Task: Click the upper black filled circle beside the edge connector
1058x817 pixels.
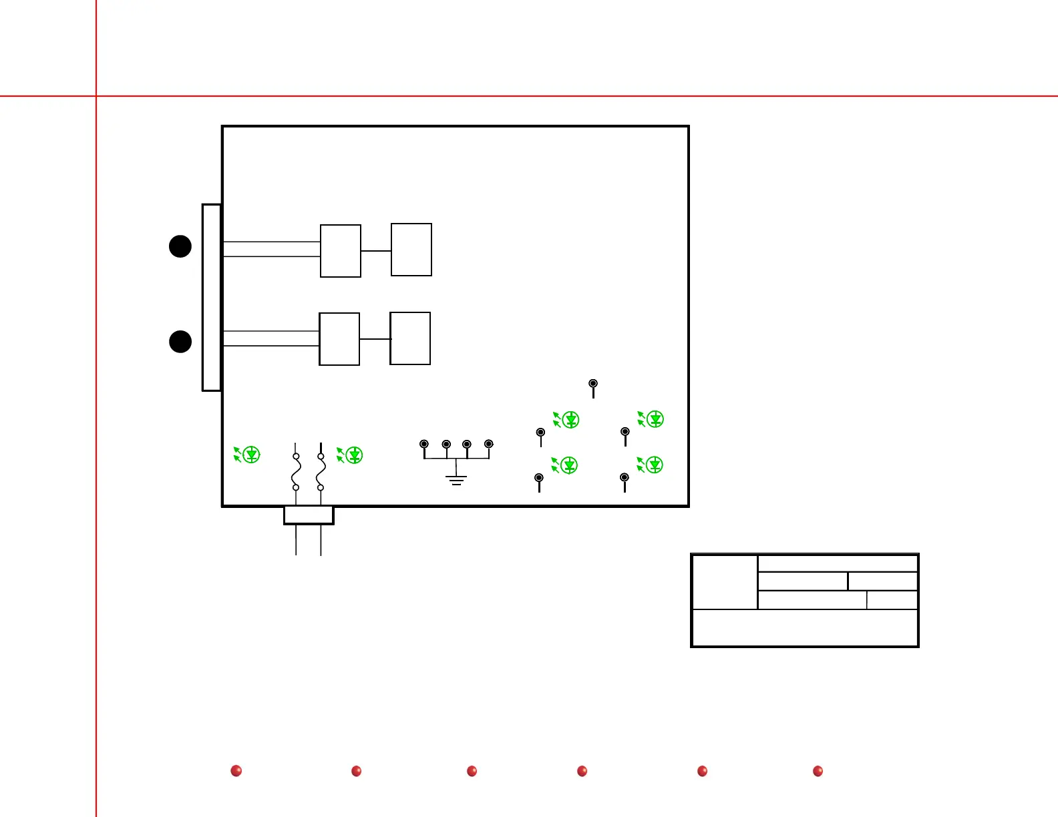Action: pyautogui.click(x=180, y=246)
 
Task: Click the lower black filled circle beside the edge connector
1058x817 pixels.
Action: pyautogui.click(x=180, y=341)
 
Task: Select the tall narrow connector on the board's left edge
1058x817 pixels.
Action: pyautogui.click(x=212, y=297)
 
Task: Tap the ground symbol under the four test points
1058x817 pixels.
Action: pyautogui.click(x=457, y=480)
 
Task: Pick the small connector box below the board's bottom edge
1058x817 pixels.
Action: pyautogui.click(x=309, y=515)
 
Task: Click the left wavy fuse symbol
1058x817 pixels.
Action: pyautogui.click(x=296, y=472)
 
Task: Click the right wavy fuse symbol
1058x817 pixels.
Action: pyautogui.click(x=321, y=472)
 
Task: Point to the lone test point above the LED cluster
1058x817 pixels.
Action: pyautogui.click(x=593, y=384)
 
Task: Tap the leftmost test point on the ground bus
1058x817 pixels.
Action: pyautogui.click(x=424, y=444)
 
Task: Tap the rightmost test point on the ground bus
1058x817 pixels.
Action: pyautogui.click(x=489, y=444)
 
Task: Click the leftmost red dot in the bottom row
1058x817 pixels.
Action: pyautogui.click(x=236, y=771)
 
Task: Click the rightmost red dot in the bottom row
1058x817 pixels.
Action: pyautogui.click(x=818, y=771)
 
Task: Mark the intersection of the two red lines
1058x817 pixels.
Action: pyautogui.click(x=96, y=96)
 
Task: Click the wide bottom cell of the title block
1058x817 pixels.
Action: pyautogui.click(x=805, y=627)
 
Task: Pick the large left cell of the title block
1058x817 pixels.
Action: pyautogui.click(x=725, y=581)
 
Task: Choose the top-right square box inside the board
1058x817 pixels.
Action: pyautogui.click(x=411, y=250)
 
